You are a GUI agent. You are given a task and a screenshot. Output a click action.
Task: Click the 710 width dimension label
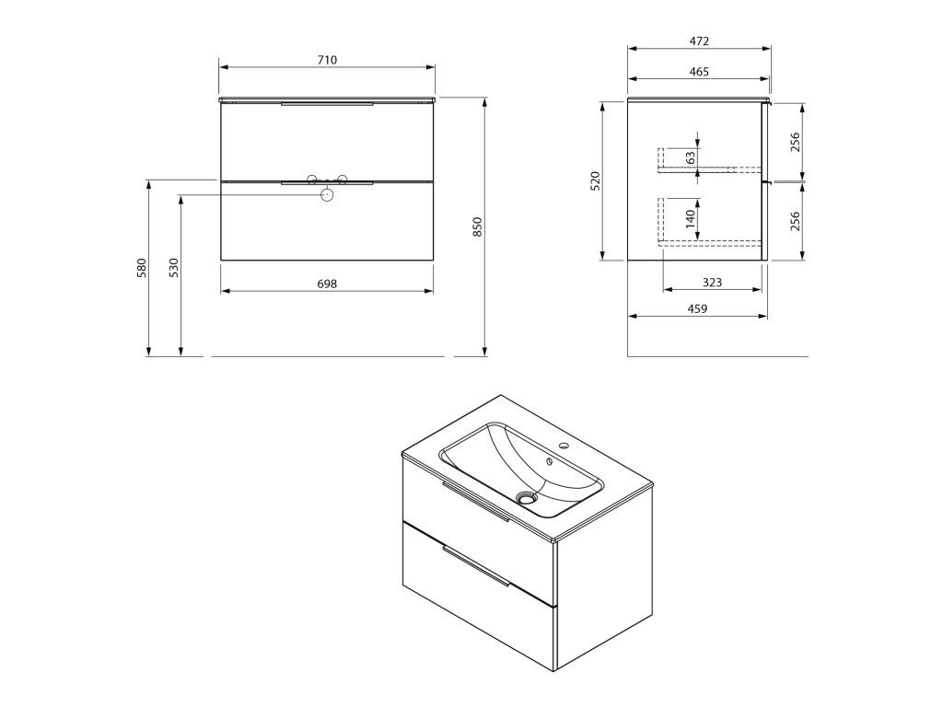pos(327,60)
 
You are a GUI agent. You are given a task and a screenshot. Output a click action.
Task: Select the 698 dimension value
pos(327,284)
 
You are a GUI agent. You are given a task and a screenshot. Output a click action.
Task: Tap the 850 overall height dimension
pos(478,226)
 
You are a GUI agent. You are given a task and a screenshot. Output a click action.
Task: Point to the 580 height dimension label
pos(142,268)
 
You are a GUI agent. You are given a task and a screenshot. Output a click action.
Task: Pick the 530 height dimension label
pos(174,268)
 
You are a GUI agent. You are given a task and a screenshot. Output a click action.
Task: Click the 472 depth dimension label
pos(699,41)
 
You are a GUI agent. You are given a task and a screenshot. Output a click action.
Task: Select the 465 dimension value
pos(699,72)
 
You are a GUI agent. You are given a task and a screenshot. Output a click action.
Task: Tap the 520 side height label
pos(596,181)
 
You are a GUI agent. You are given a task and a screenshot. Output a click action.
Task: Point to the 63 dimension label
pos(691,157)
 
